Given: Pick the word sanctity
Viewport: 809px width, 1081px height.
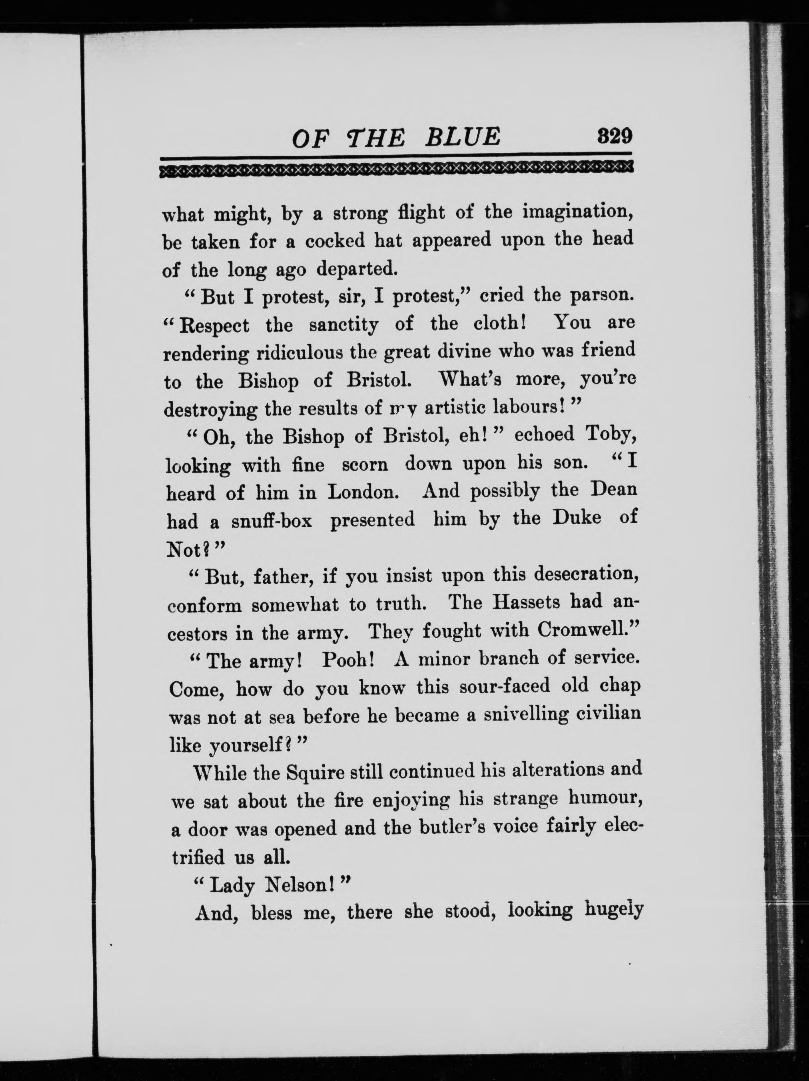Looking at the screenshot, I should tap(344, 325).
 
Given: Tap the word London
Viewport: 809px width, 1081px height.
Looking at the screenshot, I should tap(363, 492).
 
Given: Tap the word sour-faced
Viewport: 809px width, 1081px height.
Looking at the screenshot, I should tap(503, 687).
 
